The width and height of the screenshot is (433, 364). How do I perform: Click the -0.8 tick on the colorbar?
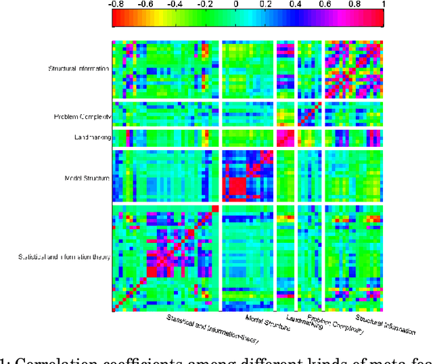(x=116, y=5)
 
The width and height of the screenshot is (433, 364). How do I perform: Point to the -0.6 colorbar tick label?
(x=145, y=5)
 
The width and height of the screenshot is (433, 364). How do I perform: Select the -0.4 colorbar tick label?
(x=175, y=5)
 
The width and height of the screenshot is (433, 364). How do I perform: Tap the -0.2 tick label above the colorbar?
(x=204, y=5)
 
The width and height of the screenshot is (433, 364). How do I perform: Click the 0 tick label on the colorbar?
(x=236, y=5)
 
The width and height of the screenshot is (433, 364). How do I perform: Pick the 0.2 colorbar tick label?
(x=265, y=5)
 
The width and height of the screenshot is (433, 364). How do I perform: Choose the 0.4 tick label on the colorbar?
(x=295, y=5)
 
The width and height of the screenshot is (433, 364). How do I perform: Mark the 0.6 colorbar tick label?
(x=325, y=5)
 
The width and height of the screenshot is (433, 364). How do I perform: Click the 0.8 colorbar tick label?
(x=355, y=5)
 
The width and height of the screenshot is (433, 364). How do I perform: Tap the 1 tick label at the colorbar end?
(x=382, y=5)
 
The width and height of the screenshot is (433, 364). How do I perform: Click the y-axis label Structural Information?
(x=79, y=68)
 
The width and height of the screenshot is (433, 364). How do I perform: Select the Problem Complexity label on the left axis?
(x=82, y=116)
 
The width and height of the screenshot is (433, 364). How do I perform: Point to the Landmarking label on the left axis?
(x=92, y=137)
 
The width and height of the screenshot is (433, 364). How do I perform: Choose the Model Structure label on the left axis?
(x=87, y=178)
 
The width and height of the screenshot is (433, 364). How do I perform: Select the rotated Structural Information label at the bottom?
(x=385, y=324)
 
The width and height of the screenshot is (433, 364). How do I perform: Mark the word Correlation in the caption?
(x=41, y=358)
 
